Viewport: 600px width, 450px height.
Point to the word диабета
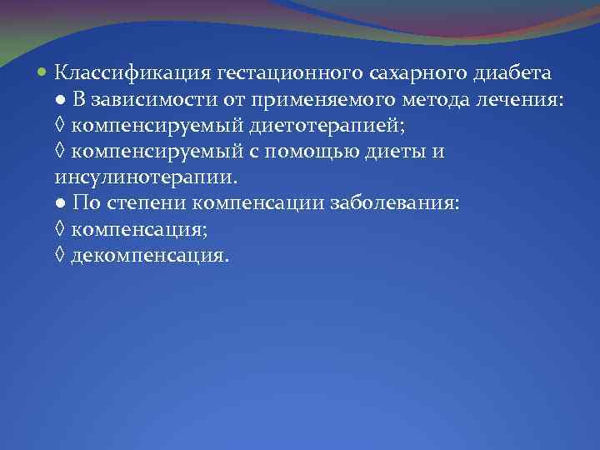(x=511, y=74)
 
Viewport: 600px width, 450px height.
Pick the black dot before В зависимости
(x=62, y=101)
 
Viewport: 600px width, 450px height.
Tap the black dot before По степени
(x=62, y=204)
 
